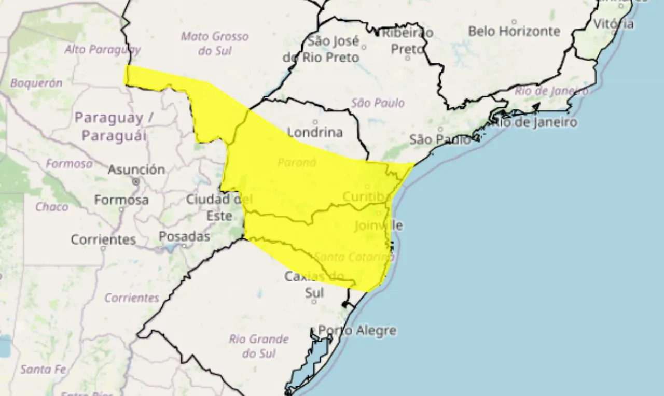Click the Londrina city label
tap(315, 132)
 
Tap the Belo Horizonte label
tap(514, 31)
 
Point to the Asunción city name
tap(136, 169)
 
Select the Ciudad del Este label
tap(219, 207)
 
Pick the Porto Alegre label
tap(357, 330)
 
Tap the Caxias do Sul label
tap(314, 285)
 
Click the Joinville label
tap(378, 225)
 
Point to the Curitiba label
tap(366, 197)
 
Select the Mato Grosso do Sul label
tap(215, 44)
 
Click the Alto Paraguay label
tap(102, 49)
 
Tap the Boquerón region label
tap(36, 82)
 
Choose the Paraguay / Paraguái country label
tap(114, 126)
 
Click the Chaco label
tap(52, 207)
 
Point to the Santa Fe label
tap(44, 369)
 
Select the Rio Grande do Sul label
tap(258, 346)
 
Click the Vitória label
tap(613, 24)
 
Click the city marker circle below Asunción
tap(136, 182)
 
